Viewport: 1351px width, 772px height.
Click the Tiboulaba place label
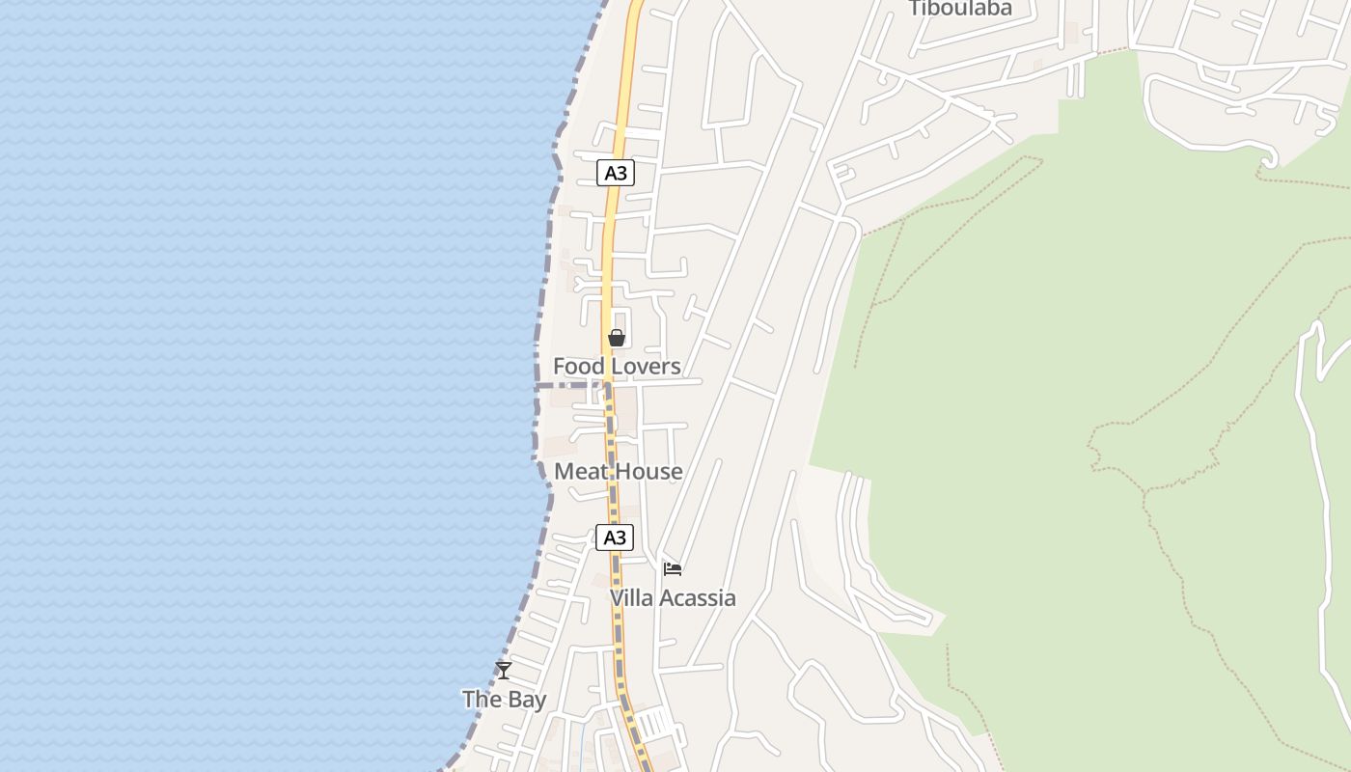[960, 9]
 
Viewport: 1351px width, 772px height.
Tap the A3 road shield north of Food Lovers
[616, 173]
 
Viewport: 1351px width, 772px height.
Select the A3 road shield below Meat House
[615, 538]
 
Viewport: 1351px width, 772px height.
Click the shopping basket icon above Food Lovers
[616, 338]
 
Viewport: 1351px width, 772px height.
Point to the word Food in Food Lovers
[576, 367]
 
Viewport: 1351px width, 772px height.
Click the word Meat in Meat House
[581, 472]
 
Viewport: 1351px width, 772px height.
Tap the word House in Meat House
[649, 472]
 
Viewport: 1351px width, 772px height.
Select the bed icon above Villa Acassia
[673, 569]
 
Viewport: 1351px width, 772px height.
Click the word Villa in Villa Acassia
[632, 598]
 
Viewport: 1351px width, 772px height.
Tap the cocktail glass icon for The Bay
[503, 670]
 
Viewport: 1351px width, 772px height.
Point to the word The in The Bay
[482, 700]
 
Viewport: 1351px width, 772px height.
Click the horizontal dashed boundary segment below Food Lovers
[569, 385]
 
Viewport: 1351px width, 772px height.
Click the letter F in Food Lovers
[559, 367]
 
